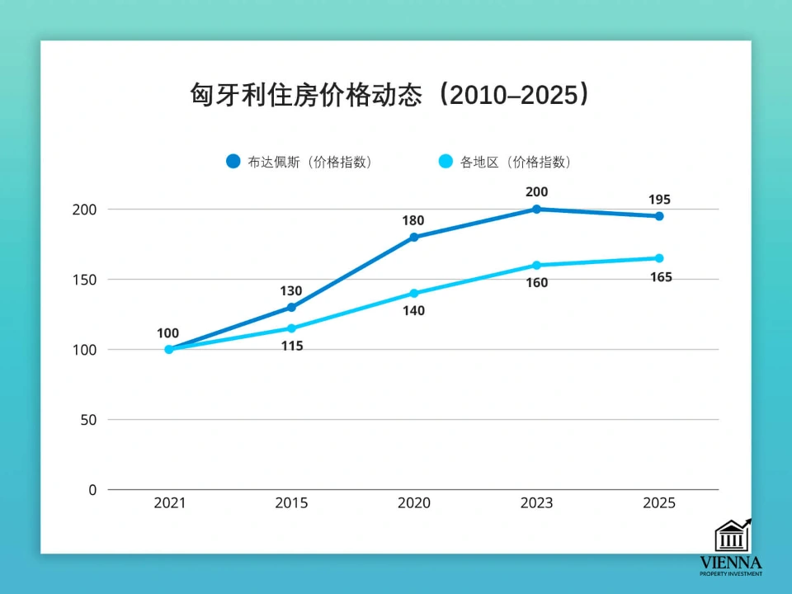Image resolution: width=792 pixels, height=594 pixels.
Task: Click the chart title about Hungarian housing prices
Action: point(390,94)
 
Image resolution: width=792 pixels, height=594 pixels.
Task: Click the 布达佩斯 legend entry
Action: point(300,162)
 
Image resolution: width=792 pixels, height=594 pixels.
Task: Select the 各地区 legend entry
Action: point(504,162)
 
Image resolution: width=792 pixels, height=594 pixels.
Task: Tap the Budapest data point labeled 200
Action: point(536,210)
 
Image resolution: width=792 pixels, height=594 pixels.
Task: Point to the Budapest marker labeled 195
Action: point(659,216)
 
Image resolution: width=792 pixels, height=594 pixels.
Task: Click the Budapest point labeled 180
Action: point(414,238)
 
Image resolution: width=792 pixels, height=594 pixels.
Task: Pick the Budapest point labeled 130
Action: point(291,308)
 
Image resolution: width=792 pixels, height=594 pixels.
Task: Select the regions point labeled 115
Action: point(291,328)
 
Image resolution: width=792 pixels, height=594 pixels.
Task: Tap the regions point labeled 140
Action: point(414,294)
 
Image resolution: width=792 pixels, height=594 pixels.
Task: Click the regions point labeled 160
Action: point(536,266)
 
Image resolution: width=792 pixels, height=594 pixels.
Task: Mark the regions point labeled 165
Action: point(659,258)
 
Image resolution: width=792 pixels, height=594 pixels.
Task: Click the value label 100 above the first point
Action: point(167,333)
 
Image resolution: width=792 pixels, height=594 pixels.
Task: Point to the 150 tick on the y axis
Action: point(84,280)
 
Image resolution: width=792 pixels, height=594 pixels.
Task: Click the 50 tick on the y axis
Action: point(88,420)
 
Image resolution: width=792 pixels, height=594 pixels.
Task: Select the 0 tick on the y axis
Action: point(92,490)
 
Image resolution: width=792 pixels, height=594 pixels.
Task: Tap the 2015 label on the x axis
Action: point(291,503)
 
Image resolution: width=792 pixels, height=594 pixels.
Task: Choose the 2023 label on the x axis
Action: point(536,503)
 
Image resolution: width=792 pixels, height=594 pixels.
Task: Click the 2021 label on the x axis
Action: point(169,503)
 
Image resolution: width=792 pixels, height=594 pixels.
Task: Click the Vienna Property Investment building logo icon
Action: point(732,535)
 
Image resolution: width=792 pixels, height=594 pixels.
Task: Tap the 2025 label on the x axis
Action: point(659,503)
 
